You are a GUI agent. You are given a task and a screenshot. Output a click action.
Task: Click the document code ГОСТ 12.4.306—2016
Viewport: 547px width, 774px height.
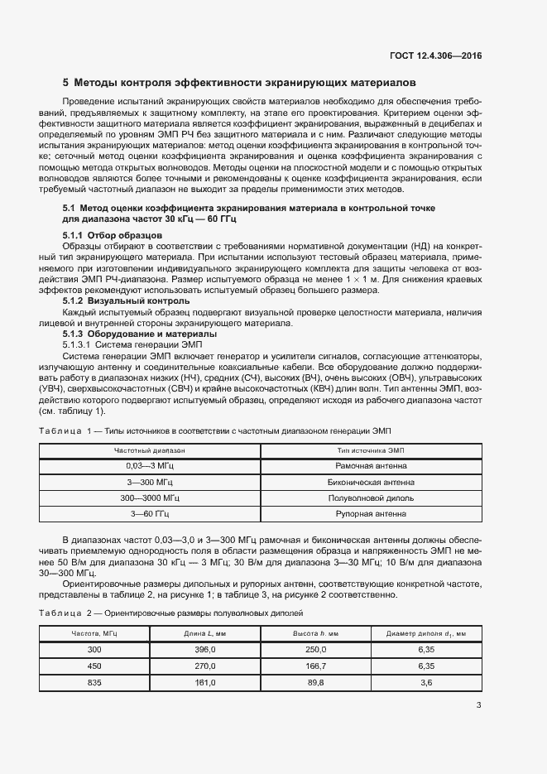pyautogui.click(x=435, y=55)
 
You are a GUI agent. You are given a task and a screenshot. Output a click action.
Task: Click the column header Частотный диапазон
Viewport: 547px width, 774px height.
pyautogui.click(x=150, y=450)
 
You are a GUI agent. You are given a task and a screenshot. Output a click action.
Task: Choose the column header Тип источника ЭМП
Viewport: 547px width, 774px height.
pyautogui.click(x=371, y=450)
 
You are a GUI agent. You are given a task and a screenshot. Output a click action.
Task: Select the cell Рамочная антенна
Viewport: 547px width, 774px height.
pyautogui.click(x=371, y=466)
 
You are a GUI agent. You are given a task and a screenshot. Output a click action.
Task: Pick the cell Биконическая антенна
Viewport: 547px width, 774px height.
pyautogui.click(x=371, y=482)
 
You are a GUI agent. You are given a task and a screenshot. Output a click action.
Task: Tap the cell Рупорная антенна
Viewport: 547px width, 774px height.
pyautogui.click(x=371, y=513)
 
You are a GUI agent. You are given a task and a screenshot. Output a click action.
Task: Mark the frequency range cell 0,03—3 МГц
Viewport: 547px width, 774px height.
pyautogui.click(x=150, y=466)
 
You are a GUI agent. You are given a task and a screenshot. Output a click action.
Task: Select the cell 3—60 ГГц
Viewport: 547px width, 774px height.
pyautogui.click(x=150, y=513)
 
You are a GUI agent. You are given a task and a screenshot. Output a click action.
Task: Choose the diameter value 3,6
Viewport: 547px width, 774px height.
pyautogui.click(x=426, y=682)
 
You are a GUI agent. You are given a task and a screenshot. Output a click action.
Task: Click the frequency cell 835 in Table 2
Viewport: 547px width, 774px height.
pyautogui.click(x=94, y=682)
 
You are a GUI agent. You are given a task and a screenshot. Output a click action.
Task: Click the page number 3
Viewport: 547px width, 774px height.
pyautogui.click(x=478, y=705)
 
